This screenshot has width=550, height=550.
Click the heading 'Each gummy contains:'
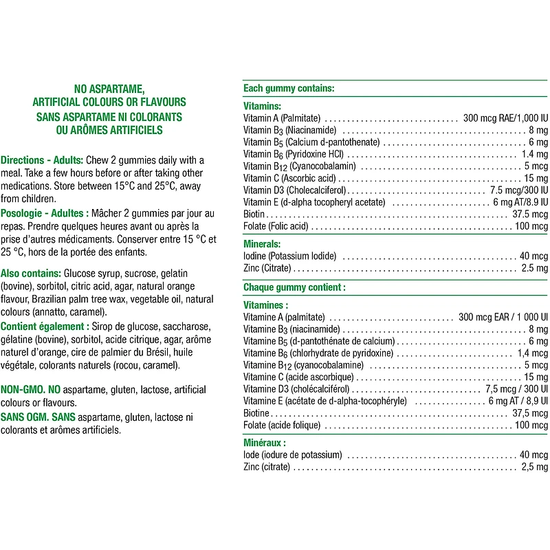click(x=289, y=89)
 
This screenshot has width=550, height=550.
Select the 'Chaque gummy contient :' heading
click(x=294, y=287)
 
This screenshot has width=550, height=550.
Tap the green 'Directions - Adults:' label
click(x=43, y=159)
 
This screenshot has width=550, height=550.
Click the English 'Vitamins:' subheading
click(x=263, y=107)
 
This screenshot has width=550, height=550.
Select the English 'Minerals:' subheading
click(x=263, y=244)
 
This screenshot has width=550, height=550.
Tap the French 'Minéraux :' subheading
click(x=265, y=443)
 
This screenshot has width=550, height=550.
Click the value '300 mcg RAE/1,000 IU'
click(x=505, y=118)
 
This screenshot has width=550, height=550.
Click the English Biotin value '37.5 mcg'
click(x=530, y=214)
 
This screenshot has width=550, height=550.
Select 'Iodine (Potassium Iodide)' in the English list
click(x=290, y=256)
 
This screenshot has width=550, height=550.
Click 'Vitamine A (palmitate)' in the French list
click(x=284, y=318)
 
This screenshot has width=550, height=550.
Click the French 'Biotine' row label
click(x=256, y=413)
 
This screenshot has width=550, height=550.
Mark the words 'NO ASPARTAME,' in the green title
click(x=109, y=89)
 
